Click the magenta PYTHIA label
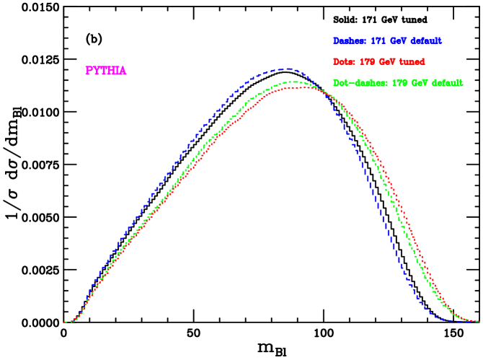pos(105,71)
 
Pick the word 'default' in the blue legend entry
pos(426,41)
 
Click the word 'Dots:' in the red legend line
pos(345,62)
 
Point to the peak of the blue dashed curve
pos(288,69)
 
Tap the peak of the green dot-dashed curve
pos(293,82)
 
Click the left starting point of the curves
pos(65,322)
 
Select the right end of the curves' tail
pos(479,322)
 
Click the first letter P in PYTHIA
pos(89,71)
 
